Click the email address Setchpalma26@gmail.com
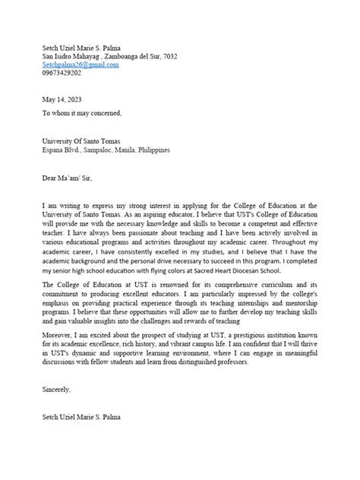click(x=81, y=65)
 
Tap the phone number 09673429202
click(x=62, y=74)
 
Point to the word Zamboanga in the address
click(x=120, y=57)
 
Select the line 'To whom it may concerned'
click(x=81, y=112)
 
